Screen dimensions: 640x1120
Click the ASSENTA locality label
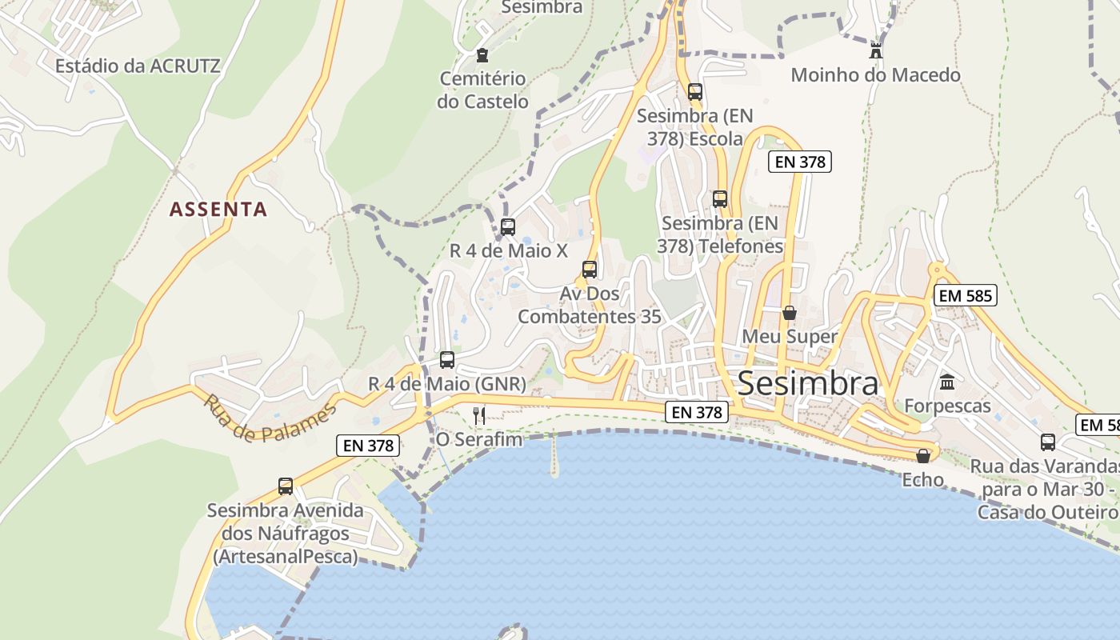click(x=218, y=210)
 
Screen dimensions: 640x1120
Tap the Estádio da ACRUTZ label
click(x=138, y=66)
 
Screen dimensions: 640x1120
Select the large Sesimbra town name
click(x=808, y=384)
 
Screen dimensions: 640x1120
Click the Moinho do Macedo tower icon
click(x=876, y=51)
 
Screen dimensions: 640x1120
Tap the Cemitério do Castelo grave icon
click(x=482, y=55)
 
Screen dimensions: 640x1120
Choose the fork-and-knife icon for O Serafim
click(x=479, y=415)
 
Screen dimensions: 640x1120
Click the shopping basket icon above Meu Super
click(x=790, y=313)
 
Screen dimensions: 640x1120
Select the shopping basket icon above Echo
click(x=923, y=456)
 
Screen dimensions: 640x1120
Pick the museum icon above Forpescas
click(x=948, y=382)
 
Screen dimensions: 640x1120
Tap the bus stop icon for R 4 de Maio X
click(x=508, y=226)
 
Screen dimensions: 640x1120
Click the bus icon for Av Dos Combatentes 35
click(x=590, y=270)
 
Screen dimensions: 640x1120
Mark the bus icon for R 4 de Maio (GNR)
click(x=447, y=360)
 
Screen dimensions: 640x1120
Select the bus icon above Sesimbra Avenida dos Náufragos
click(x=286, y=486)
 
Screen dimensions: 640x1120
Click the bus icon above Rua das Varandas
click(x=1048, y=442)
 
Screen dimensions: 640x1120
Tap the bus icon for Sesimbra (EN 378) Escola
click(x=695, y=92)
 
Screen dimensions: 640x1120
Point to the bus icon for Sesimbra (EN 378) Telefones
click(x=720, y=199)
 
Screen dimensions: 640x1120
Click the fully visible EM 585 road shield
click(x=965, y=296)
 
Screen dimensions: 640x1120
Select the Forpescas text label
click(x=948, y=406)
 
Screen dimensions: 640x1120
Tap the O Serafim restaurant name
click(x=478, y=439)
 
